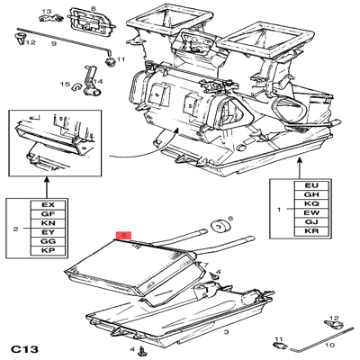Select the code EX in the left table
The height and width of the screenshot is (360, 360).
tap(48, 205)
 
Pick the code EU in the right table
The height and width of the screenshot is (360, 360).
tap(311, 184)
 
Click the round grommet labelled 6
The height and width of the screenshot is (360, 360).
tap(217, 225)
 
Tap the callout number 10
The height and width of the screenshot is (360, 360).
tap(328, 344)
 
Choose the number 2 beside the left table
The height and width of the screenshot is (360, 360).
tap(15, 229)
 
